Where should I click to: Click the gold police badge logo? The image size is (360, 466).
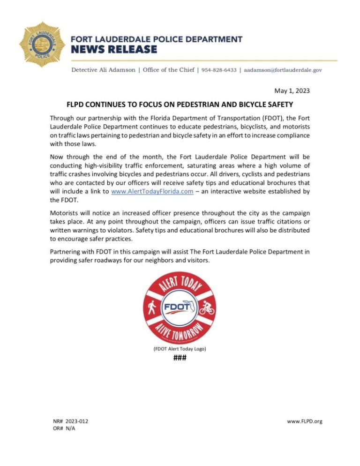point(42,44)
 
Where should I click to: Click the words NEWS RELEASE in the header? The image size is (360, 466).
point(113,50)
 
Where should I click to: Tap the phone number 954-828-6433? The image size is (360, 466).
point(218,70)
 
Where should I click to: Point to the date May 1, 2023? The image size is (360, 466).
point(292,90)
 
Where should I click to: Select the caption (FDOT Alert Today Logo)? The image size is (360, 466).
point(180,349)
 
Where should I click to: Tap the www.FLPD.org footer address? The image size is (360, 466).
point(304,421)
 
